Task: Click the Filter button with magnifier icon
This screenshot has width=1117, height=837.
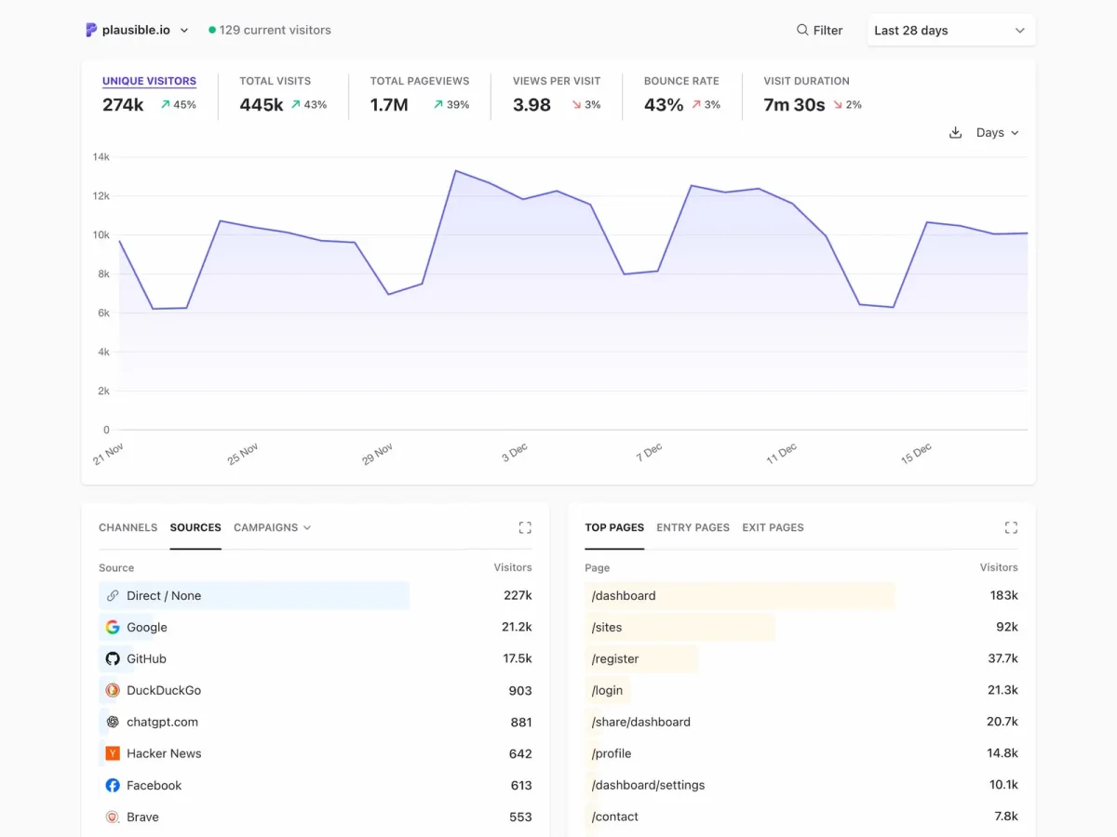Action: [x=819, y=31]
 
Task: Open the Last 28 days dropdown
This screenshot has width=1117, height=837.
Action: [x=950, y=31]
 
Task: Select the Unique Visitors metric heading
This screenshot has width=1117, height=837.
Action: [x=149, y=81]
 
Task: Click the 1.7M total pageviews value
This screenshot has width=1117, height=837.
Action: [x=389, y=105]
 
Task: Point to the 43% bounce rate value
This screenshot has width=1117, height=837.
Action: [x=664, y=105]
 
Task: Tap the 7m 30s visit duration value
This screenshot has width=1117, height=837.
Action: [x=794, y=105]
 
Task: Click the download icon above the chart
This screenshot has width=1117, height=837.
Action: [x=955, y=133]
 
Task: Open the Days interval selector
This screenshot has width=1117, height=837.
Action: [x=997, y=133]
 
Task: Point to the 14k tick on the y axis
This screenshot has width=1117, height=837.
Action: [x=101, y=157]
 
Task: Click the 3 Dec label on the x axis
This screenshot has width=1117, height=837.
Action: [x=515, y=452]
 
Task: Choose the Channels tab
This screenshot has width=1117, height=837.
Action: [x=128, y=527]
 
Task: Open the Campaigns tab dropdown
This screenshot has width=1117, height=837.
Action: [x=272, y=527]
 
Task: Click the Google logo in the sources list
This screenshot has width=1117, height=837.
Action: [x=113, y=627]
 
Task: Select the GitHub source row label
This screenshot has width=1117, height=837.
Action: [x=146, y=658]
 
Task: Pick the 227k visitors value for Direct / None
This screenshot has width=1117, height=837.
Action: [x=517, y=595]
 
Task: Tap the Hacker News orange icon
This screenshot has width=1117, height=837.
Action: [x=113, y=753]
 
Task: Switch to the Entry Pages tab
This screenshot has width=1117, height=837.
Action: [x=693, y=527]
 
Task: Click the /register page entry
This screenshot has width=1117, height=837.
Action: [x=615, y=658]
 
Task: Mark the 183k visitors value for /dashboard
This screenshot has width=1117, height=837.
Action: [x=1003, y=595]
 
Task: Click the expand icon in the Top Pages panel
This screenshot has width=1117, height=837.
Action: [x=1011, y=527]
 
